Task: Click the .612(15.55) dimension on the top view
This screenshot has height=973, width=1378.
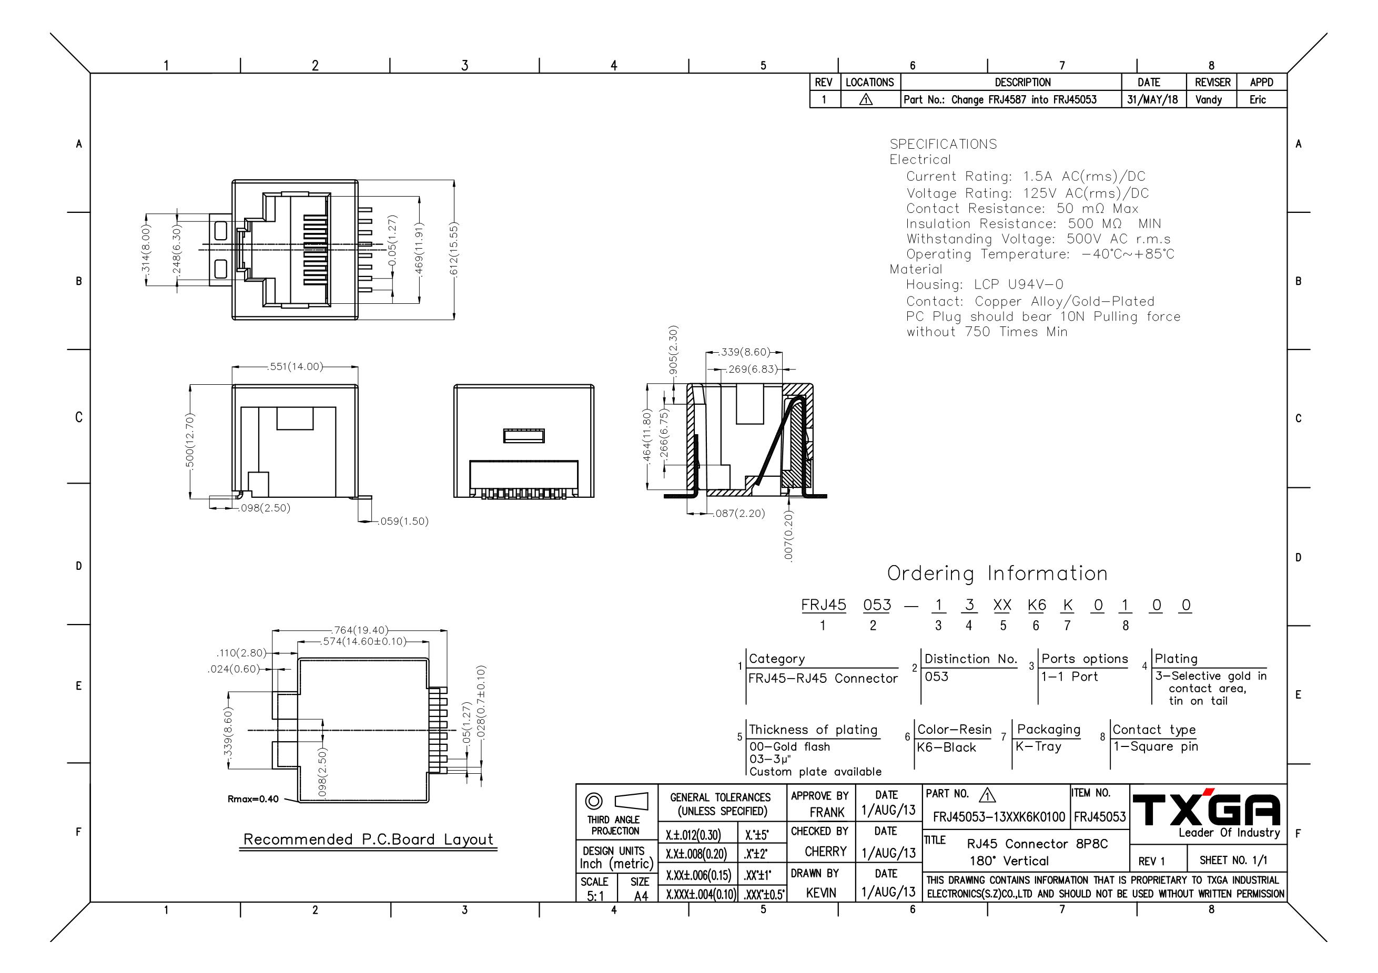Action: [x=454, y=250]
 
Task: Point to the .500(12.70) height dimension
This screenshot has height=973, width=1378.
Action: [x=190, y=441]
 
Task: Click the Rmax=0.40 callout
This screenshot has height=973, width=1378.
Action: [x=252, y=799]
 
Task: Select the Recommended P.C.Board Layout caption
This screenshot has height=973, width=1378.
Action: [x=369, y=839]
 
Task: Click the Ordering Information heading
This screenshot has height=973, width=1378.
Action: [x=998, y=573]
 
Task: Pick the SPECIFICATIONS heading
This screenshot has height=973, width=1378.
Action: [x=943, y=144]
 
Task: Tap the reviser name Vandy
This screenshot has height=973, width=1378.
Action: [x=1209, y=99]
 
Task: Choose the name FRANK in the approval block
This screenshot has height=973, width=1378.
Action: [x=827, y=812]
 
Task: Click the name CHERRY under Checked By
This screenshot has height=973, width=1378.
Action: [x=826, y=852]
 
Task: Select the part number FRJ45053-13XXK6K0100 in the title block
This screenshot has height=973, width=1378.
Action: [x=999, y=817]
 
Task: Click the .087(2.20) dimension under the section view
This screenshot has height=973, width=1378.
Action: [x=739, y=514]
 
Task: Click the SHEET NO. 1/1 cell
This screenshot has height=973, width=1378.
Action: [x=1233, y=860]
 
